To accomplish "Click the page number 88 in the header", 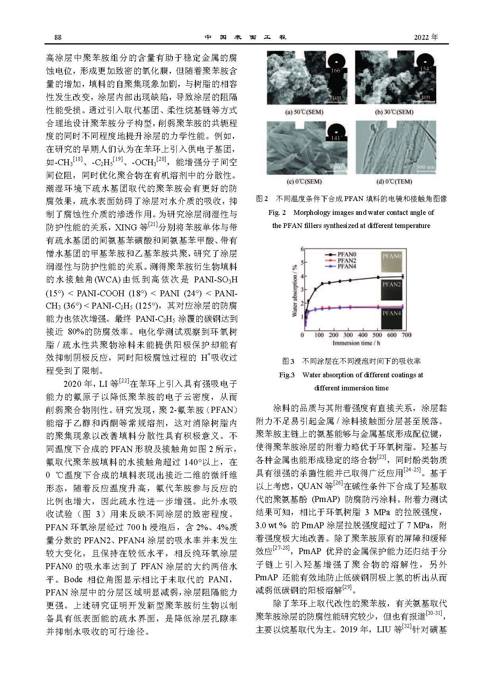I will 58,37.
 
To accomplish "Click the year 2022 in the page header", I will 425,37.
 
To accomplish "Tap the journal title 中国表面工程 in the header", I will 246,37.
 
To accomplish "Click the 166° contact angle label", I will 336,70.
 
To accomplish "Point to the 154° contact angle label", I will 426,69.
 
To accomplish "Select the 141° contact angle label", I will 336,138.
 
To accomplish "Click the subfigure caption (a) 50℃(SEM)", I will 304,112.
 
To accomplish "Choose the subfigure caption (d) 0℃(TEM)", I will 394,181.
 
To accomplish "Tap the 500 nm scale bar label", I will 425,167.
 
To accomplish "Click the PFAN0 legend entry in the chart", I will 346,255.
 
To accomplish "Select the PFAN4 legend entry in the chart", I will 346,266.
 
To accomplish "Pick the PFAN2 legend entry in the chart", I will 346,261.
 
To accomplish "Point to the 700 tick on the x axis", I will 406,335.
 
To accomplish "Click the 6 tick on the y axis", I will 302,249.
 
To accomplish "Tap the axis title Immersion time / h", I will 356,343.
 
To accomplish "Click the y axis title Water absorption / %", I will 295,291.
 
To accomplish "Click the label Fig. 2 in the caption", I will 277,212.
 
